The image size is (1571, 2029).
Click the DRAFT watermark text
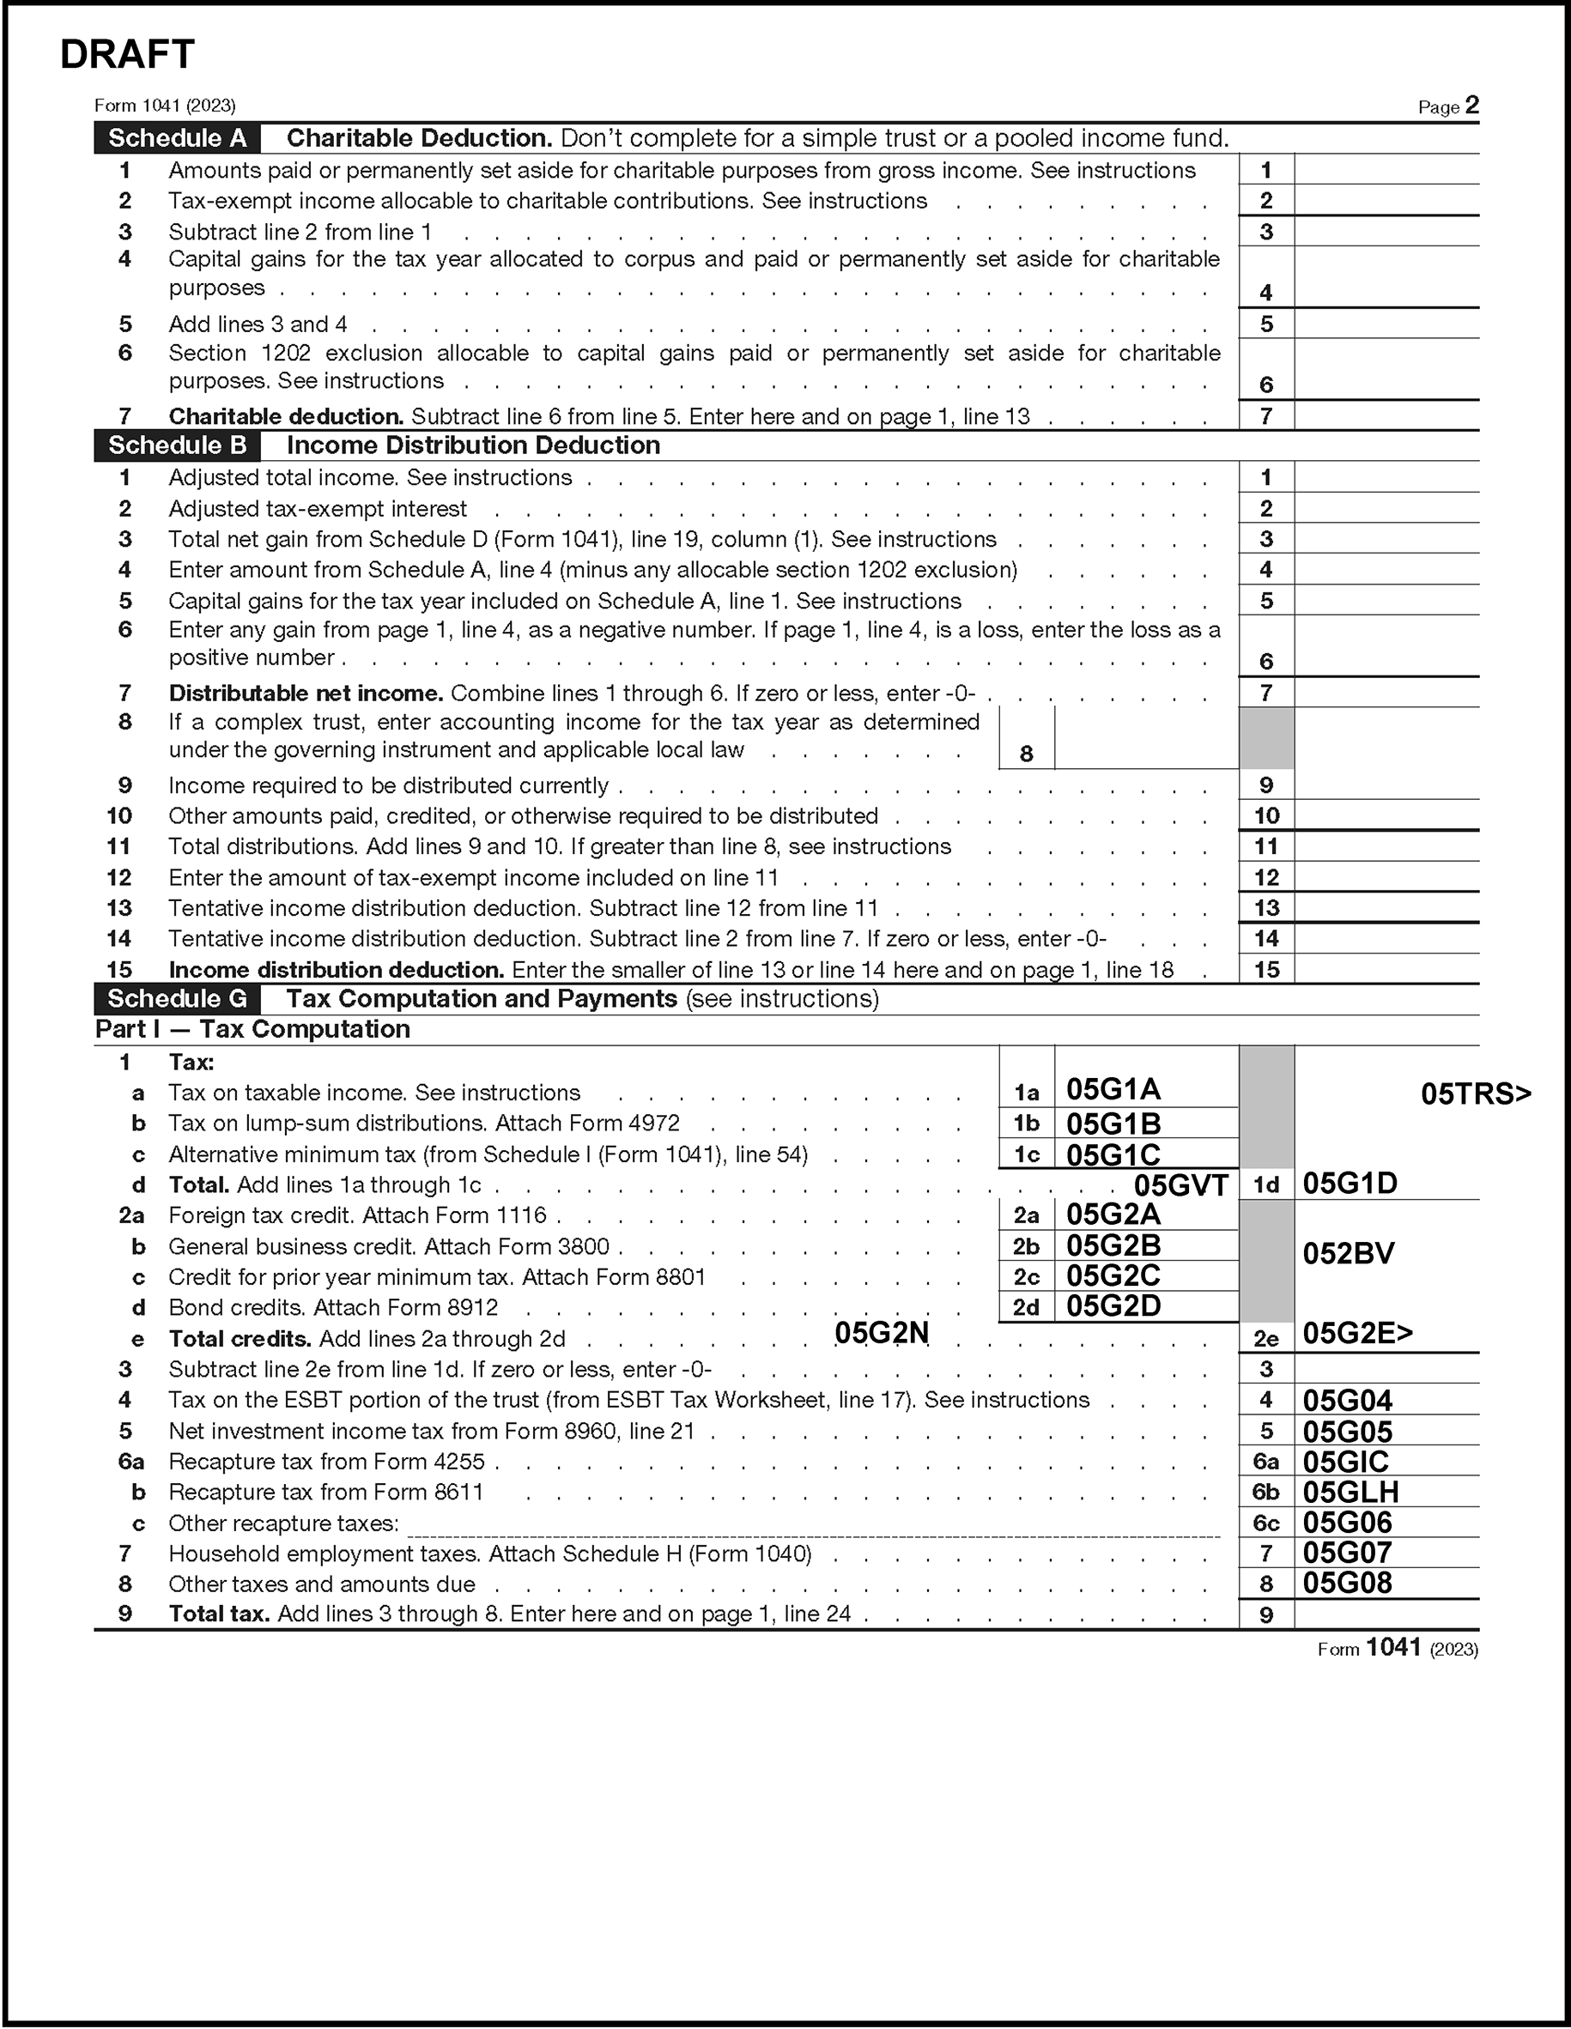[127, 55]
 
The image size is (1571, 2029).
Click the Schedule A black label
[177, 138]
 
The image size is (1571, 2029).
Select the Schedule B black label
[177, 446]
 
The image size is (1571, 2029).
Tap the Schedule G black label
[177, 999]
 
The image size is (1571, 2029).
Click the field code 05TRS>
[1476, 1094]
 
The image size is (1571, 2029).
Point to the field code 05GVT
[1180, 1185]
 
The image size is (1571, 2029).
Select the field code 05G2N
[882, 1333]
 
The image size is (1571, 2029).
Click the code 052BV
[1348, 1254]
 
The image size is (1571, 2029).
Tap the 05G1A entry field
[1144, 1090]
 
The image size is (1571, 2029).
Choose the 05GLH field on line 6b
[1384, 1492]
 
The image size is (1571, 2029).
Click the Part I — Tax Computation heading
[252, 1029]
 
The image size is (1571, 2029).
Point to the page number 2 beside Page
[1471, 105]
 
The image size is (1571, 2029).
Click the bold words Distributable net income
[306, 694]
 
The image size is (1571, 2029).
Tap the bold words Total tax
[219, 1614]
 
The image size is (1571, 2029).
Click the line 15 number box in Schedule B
[1266, 970]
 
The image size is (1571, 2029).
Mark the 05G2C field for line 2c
[1144, 1275]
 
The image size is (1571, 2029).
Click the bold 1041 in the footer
[1393, 1647]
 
